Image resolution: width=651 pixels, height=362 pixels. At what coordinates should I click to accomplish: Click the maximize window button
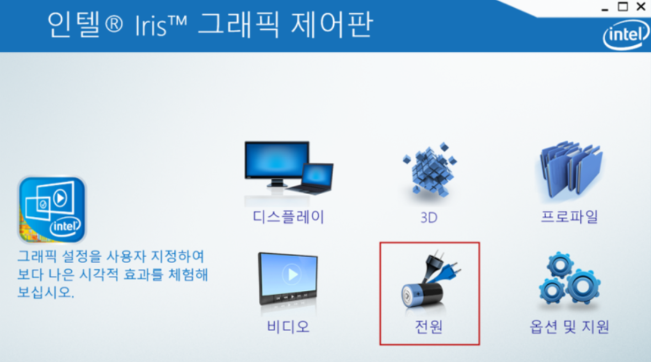623,6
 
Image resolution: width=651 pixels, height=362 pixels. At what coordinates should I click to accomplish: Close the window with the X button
641,6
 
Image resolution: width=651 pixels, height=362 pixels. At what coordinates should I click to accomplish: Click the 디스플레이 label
288,217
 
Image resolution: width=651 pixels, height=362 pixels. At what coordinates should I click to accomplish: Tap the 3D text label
429,217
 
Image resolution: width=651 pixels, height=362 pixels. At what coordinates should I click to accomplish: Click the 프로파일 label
569,217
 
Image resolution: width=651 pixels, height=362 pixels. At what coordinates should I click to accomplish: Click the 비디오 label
288,327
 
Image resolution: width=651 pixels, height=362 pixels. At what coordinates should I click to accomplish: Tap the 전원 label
429,327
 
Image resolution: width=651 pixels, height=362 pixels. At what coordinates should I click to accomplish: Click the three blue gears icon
569,278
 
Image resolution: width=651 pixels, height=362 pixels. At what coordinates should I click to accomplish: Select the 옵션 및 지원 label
569,327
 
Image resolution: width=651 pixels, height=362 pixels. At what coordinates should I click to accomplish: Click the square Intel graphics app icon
52,210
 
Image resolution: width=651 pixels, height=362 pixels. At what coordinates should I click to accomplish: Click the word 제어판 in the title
332,25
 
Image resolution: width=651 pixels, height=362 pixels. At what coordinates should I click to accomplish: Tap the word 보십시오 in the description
46,292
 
